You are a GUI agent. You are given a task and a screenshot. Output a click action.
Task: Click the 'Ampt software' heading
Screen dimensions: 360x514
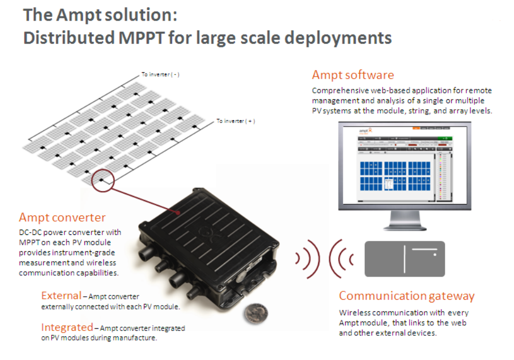[353, 75]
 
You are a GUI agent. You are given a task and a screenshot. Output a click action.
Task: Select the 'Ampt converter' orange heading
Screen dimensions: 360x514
[62, 217]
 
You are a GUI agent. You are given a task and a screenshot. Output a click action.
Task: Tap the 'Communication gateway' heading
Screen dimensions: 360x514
[406, 296]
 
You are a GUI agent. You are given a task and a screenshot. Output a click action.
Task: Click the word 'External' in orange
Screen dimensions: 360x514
[61, 296]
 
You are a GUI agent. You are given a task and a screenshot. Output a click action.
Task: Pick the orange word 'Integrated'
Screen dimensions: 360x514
[67, 327]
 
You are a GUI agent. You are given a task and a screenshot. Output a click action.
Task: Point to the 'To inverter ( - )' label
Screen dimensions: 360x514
[160, 74]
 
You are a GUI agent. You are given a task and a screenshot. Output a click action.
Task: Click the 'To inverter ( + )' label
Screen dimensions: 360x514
[236, 121]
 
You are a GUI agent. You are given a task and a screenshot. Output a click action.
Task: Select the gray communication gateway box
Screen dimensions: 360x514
[404, 259]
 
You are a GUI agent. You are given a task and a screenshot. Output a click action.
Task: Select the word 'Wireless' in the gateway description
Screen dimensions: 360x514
[356, 312]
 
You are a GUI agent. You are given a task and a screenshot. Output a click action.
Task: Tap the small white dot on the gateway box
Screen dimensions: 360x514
[434, 255]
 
